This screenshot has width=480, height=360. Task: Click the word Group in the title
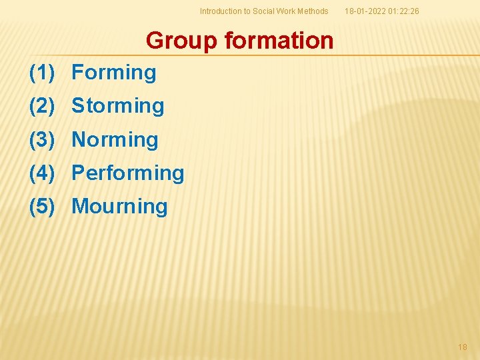click(x=181, y=41)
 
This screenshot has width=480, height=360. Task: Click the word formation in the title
click(x=279, y=41)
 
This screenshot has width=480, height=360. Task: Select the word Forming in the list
click(x=114, y=72)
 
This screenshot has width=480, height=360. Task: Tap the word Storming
click(x=118, y=105)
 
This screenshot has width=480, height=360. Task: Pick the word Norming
click(x=115, y=139)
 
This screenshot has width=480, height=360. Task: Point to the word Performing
click(x=128, y=173)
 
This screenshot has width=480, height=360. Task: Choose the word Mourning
click(x=120, y=206)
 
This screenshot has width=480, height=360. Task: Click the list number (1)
click(x=41, y=72)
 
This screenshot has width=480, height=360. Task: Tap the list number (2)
click(x=41, y=105)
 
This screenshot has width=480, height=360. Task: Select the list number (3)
click(x=41, y=139)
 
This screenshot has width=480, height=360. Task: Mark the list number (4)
click(x=41, y=173)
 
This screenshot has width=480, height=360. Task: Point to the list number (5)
click(x=41, y=206)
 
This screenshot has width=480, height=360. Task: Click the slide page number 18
click(x=463, y=347)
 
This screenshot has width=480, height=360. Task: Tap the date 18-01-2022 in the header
click(x=365, y=11)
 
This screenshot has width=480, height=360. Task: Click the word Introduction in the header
click(x=221, y=11)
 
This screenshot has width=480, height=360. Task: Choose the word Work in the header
click(x=286, y=11)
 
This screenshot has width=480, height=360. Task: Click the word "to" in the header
click(x=246, y=11)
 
